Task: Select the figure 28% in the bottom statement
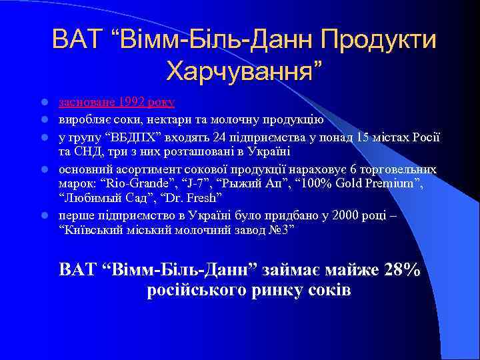[403, 270]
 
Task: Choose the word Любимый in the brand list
[86, 198]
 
